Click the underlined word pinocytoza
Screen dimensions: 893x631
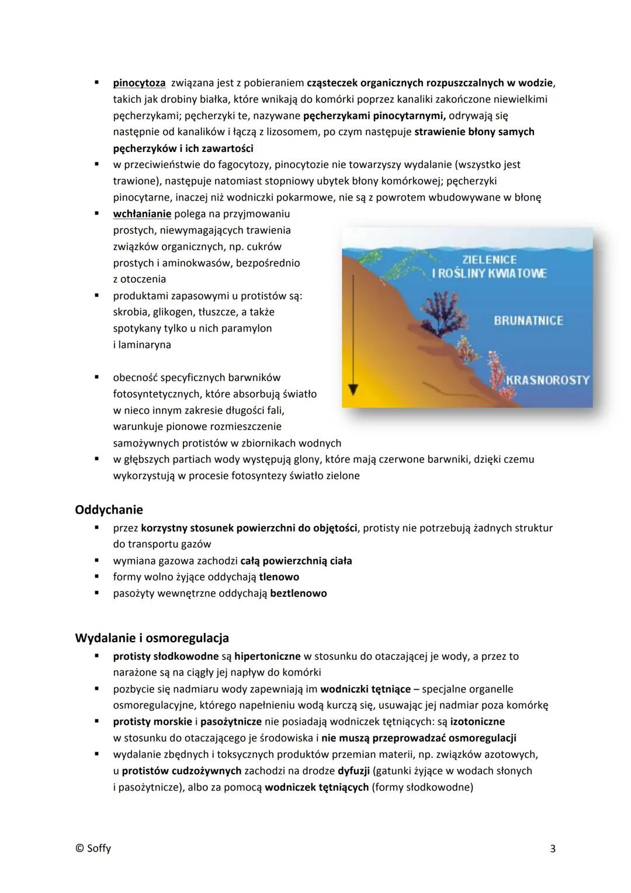(139, 83)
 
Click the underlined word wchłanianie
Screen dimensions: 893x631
(142, 214)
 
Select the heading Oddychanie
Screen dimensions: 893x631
(109, 510)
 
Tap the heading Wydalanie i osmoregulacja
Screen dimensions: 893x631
(152, 638)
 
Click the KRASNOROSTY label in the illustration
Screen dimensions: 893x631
(547, 380)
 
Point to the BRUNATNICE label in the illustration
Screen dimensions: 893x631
(528, 320)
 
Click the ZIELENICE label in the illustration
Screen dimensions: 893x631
(490, 259)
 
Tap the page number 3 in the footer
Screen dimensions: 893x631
(553, 849)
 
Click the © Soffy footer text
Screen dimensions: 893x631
(93, 849)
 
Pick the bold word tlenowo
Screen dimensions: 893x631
(279, 577)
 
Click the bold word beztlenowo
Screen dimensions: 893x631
(298, 593)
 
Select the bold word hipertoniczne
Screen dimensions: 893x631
(267, 656)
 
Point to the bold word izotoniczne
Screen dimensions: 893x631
(477, 722)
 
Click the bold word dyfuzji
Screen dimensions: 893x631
(353, 771)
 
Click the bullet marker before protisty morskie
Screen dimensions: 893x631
(98, 722)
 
